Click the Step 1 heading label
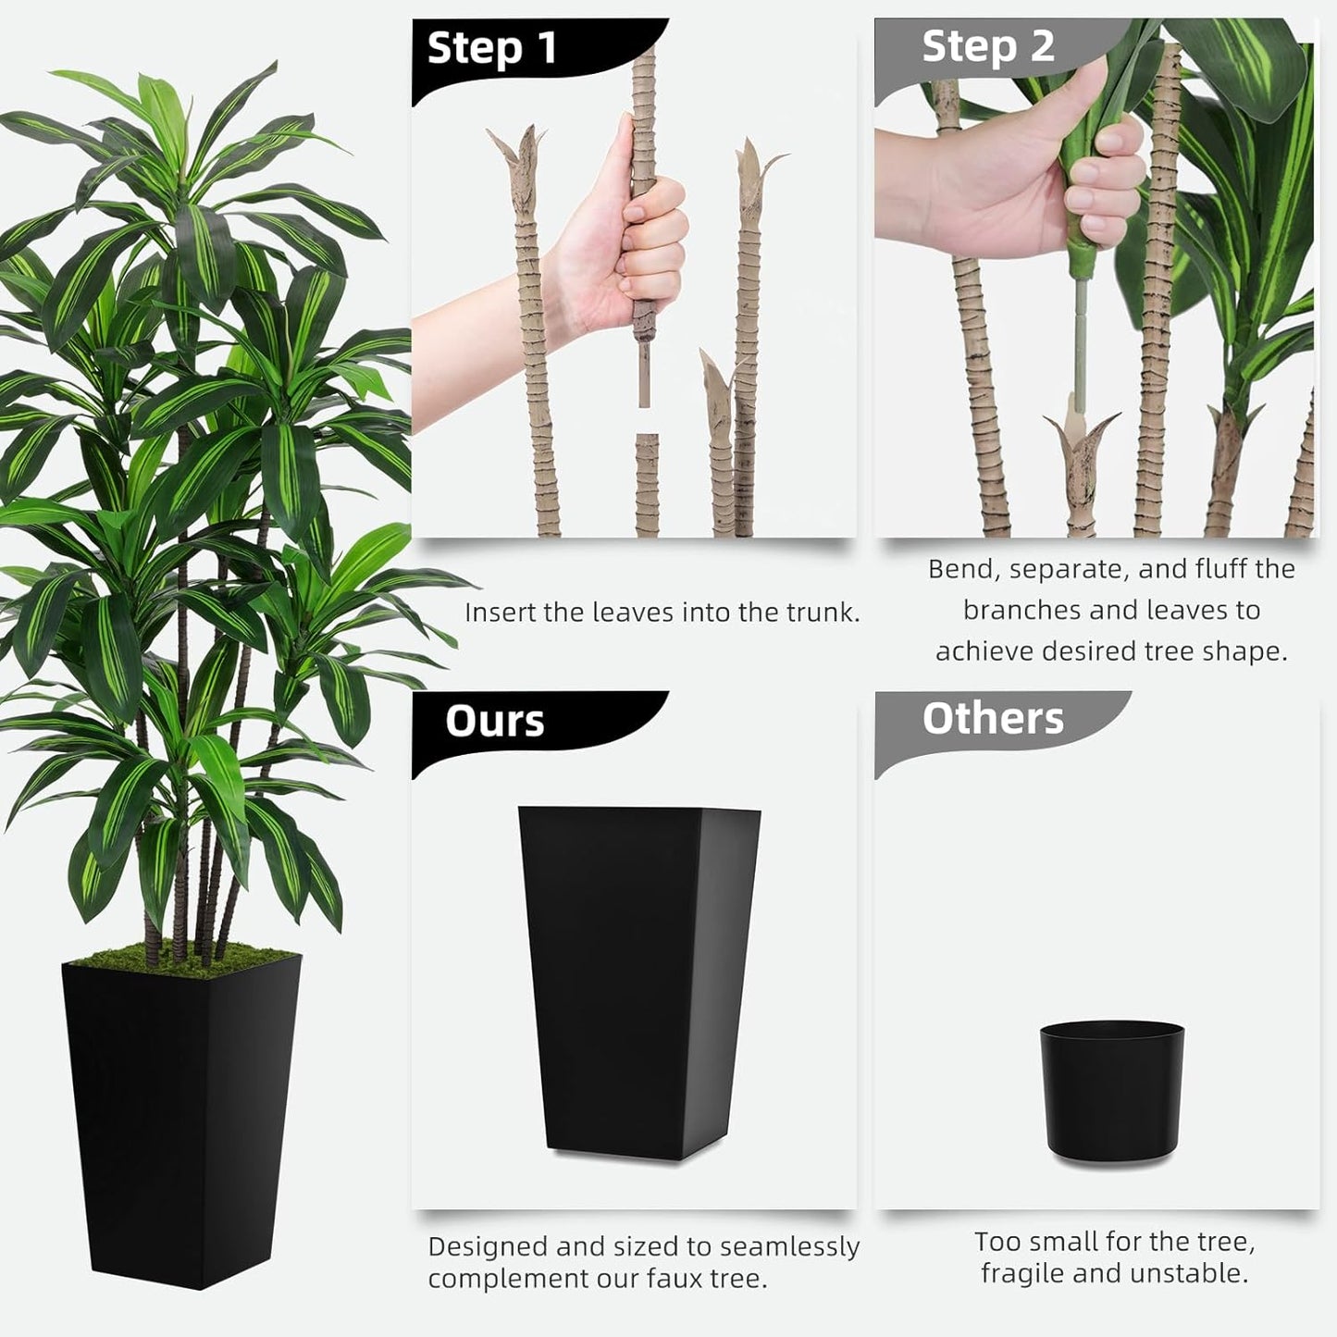pos(492,48)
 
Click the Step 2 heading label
pos(987,46)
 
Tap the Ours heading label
pos(494,721)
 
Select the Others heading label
pos(992,718)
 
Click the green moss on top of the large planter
pos(185,959)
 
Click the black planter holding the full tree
pos(180,1120)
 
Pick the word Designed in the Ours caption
pos(487,1247)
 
